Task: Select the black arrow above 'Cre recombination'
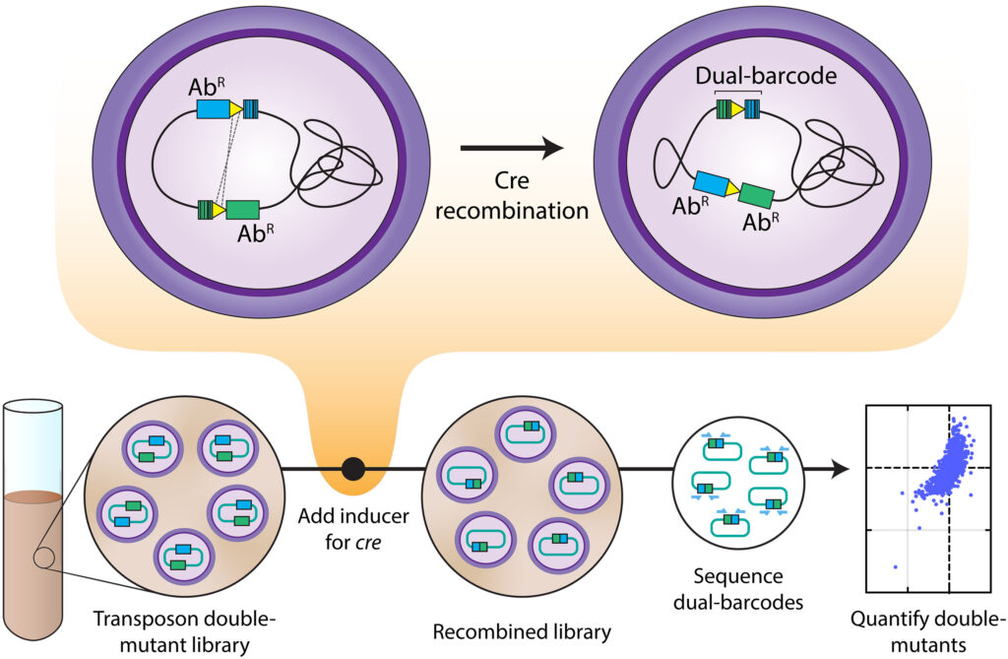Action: tap(512, 149)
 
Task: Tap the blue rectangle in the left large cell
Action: tap(213, 108)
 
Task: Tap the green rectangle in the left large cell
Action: tap(243, 209)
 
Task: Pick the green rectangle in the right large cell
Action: tap(756, 194)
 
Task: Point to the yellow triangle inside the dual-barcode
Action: tap(737, 108)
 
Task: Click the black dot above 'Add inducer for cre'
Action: tap(353, 469)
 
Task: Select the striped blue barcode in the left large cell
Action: tap(251, 108)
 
